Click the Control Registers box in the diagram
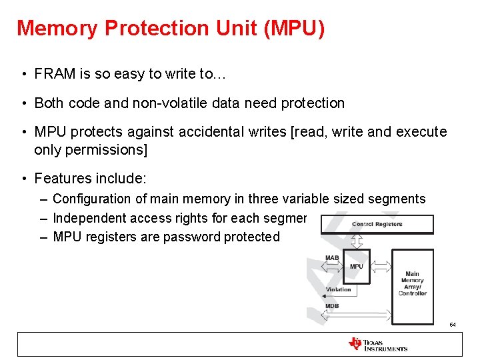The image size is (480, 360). tap(377, 224)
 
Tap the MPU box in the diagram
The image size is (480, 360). tap(356, 267)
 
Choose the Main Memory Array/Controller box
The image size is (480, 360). tap(412, 283)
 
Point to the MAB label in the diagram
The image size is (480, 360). tap(331, 257)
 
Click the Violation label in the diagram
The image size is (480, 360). tap(338, 289)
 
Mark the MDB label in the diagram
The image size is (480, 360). tap(331, 306)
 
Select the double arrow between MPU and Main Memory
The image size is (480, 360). tap(381, 267)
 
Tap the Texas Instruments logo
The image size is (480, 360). tap(377, 344)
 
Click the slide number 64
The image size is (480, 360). tap(452, 325)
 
